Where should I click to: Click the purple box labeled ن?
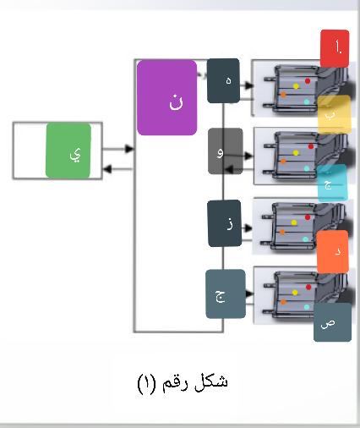(x=166, y=97)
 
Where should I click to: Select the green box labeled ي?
(x=68, y=151)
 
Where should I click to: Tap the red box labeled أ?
(x=335, y=48)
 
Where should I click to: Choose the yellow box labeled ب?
(x=335, y=114)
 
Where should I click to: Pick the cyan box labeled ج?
(x=332, y=183)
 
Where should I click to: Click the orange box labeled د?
(x=333, y=252)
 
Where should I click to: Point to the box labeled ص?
(x=332, y=322)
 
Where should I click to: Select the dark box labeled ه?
(x=223, y=80)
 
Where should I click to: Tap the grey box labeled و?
(x=226, y=151)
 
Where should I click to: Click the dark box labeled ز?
(x=225, y=223)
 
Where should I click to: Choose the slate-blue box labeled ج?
(x=226, y=294)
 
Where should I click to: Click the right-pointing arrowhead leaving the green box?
(x=129, y=149)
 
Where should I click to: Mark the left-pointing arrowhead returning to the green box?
(x=108, y=169)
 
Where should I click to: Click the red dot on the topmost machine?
(x=308, y=81)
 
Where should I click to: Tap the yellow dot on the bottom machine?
(x=295, y=293)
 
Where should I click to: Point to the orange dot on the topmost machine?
(x=283, y=95)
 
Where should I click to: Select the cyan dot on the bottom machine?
(x=307, y=307)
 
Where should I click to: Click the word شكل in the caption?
(x=211, y=383)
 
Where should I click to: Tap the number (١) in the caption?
(x=146, y=383)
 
